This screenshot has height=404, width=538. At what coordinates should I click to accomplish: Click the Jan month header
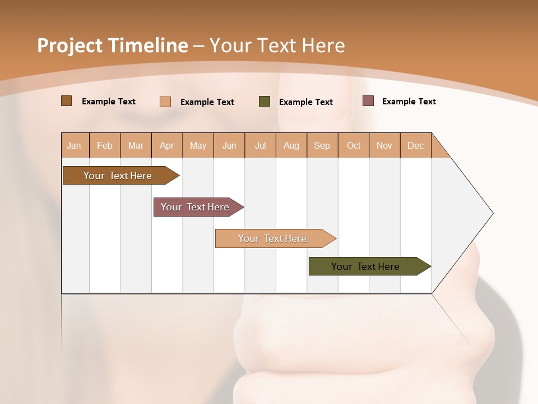coord(75,145)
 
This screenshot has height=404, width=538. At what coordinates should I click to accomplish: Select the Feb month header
coord(105,145)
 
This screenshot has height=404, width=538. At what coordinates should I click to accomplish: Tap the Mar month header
coord(136,145)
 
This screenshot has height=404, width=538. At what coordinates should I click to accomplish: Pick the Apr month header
coord(167,145)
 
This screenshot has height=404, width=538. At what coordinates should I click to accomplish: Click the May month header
coord(198,145)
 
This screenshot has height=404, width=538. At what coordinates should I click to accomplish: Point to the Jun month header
coord(229,145)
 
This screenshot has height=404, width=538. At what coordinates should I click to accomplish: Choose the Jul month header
coord(260,145)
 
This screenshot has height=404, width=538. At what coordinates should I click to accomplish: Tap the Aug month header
coord(291,145)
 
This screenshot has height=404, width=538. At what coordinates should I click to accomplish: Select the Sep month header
coord(322,145)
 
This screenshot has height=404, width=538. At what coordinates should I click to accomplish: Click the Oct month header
coord(354,145)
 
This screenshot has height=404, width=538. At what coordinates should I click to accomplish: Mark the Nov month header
coord(384,145)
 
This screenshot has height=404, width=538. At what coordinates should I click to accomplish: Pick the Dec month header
coord(416,145)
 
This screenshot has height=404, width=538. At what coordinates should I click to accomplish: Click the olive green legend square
coord(265,102)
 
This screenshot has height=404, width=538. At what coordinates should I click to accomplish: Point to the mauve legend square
coord(368,101)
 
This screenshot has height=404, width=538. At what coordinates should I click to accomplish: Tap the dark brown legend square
coord(67,101)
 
